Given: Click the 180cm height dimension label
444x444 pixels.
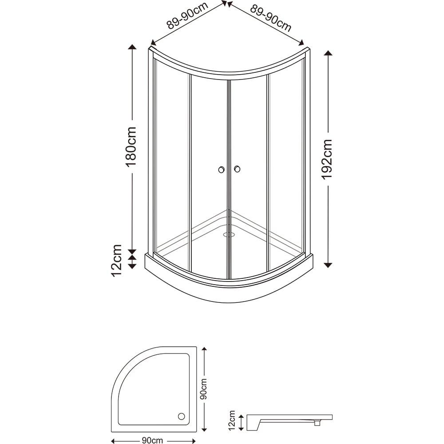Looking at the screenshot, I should tap(131, 147).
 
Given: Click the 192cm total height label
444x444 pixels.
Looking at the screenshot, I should tap(327, 159).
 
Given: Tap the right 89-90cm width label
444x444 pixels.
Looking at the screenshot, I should tap(271, 19).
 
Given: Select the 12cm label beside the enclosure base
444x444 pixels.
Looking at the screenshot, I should tap(117, 260).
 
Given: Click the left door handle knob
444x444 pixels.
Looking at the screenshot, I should tap(221, 169).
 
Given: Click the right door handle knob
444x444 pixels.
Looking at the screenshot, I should tap(237, 169).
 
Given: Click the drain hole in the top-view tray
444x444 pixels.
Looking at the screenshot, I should tap(181, 416).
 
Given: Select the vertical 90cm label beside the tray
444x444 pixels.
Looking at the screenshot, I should tap(204, 389).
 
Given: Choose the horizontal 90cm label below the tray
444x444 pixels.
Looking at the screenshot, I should tap(152, 440).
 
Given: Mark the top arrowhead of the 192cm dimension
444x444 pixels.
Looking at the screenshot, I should tap(328, 53).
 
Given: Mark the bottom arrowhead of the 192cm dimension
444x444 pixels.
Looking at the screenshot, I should tap(328, 265).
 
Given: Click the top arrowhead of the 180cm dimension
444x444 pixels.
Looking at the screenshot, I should tap(132, 47).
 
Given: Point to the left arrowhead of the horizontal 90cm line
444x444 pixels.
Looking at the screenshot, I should tap(113, 440).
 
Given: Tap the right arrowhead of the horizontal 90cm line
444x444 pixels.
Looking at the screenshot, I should tap(194, 440).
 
